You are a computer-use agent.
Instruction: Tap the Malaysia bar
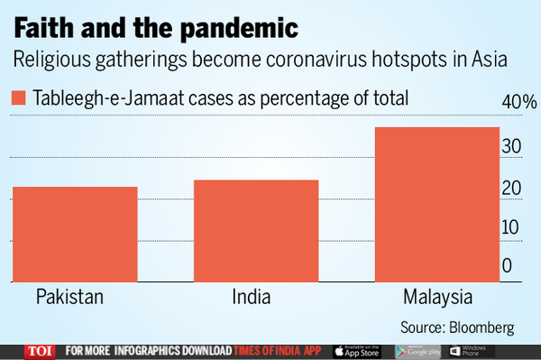(436, 204)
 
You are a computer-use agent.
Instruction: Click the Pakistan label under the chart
(70, 298)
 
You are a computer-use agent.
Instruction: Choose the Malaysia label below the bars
(436, 298)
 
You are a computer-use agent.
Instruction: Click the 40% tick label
(519, 102)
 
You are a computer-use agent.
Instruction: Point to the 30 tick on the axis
(511, 146)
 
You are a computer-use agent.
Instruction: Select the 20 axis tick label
(511, 189)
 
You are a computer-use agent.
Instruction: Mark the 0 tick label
(508, 265)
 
